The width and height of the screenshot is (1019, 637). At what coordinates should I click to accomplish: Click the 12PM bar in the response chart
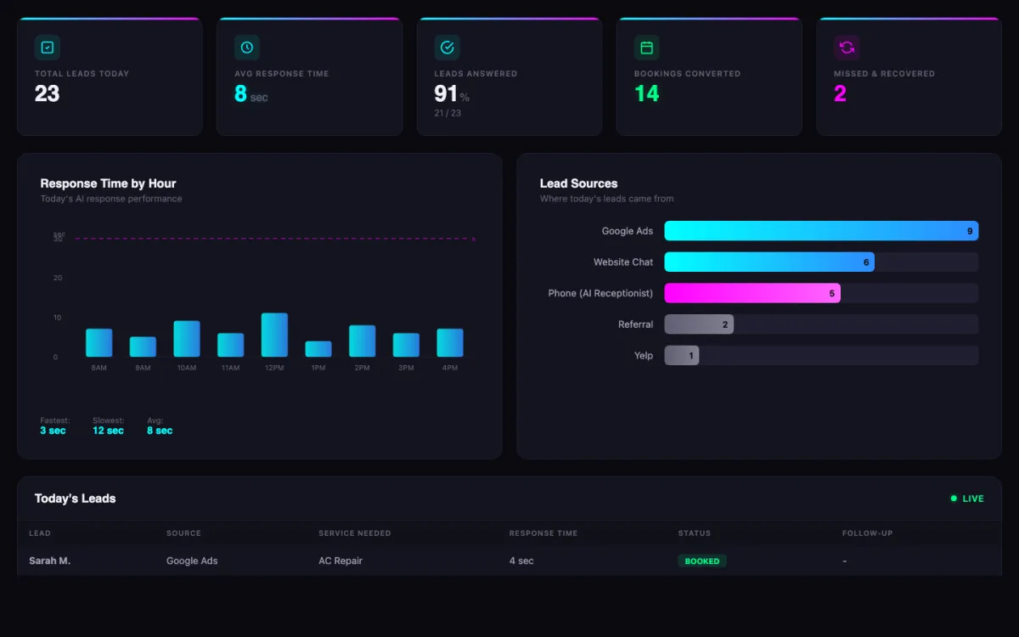coord(274,335)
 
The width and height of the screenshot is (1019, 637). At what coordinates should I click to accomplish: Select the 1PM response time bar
coord(318,349)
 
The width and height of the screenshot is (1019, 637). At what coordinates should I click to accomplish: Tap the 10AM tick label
coord(187,368)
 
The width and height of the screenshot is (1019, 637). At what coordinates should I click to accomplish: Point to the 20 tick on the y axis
coord(58,278)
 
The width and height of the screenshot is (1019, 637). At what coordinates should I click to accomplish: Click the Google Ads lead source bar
coord(820,231)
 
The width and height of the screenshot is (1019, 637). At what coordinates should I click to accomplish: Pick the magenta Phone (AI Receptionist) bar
coord(752,293)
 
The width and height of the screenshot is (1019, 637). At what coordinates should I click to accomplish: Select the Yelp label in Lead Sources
coord(644,356)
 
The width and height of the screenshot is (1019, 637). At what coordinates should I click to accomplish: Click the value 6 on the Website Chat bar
coord(866,262)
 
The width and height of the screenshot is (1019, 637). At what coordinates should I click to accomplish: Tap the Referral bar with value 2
coord(698,324)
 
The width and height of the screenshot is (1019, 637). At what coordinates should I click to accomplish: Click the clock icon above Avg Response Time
coord(247,48)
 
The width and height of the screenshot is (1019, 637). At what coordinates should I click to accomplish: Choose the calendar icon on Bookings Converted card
coord(647,48)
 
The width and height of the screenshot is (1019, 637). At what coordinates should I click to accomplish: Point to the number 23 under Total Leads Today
coord(48,93)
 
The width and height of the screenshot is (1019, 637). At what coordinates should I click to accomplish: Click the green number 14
coord(647,93)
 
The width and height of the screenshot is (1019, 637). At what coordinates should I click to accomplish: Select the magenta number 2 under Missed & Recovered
coord(840,93)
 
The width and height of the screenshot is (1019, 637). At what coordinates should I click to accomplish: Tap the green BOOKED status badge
coord(702,561)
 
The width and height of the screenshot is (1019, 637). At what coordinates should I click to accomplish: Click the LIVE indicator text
coord(973,499)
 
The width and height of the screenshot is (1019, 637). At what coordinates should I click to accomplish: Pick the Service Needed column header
coord(355,533)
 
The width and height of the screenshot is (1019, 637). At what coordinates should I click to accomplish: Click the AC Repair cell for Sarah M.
coord(341,561)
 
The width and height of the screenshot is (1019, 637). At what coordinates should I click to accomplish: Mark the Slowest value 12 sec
coord(108,431)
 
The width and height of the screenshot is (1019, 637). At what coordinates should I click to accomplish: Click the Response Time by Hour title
coord(109,183)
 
